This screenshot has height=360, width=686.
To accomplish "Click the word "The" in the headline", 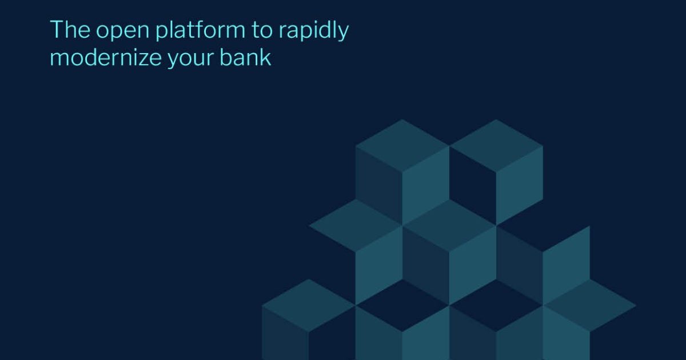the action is [x=70, y=29].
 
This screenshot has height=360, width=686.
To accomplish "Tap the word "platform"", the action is [x=200, y=30].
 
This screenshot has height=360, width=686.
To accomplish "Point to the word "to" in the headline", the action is [x=262, y=30].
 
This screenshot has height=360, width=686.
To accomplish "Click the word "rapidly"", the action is [x=314, y=30].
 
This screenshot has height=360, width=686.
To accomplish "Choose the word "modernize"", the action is [x=106, y=57].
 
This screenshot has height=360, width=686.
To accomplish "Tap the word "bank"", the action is [x=245, y=57].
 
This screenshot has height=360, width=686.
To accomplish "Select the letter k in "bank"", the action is [x=266, y=57].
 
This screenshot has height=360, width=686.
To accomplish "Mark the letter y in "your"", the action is [x=174, y=60].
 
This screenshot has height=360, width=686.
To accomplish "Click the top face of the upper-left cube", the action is [x=402, y=146].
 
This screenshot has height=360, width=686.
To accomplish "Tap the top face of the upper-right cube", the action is [x=496, y=146].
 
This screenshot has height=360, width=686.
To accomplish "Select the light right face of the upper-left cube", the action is [x=426, y=186].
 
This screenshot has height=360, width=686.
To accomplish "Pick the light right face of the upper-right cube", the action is [x=520, y=186].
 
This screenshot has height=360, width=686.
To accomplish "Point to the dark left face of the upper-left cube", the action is [x=379, y=186].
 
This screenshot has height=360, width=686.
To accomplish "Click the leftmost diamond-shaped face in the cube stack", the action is [x=308, y=305].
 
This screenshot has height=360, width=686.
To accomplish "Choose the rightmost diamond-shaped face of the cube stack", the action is [x=590, y=305].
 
